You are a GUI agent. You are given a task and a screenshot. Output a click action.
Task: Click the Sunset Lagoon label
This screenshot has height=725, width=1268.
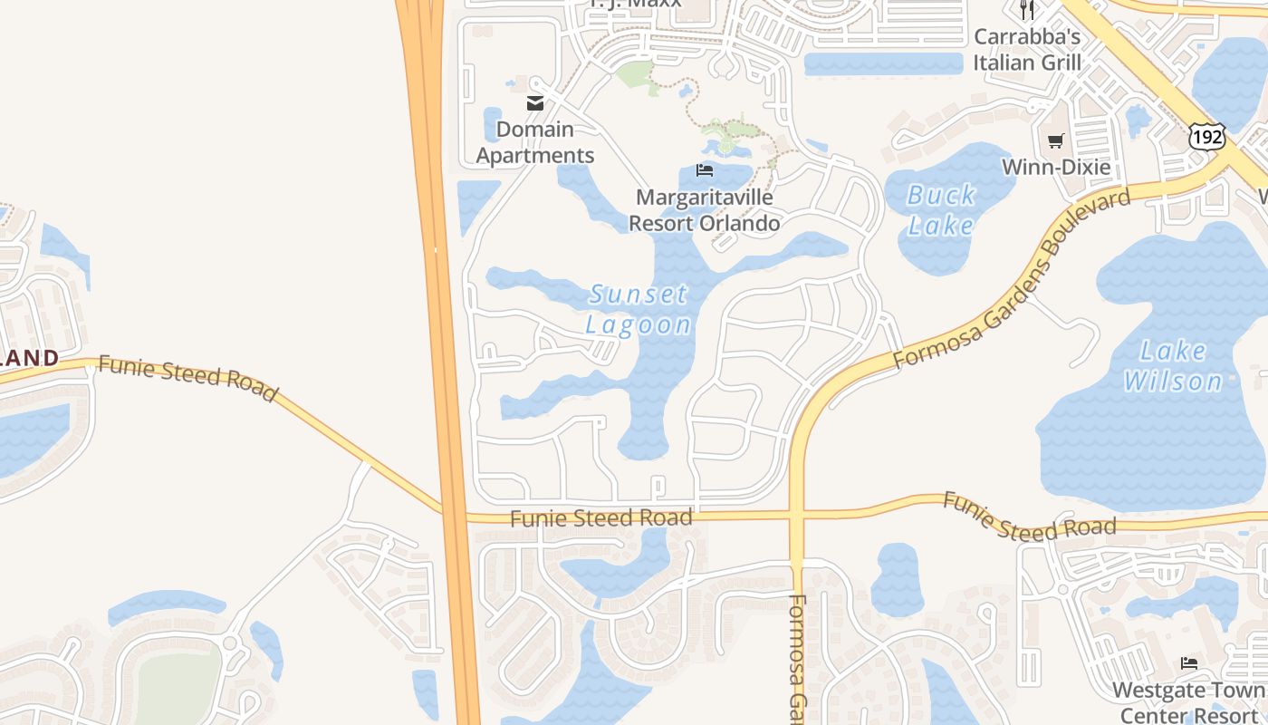click(639, 309)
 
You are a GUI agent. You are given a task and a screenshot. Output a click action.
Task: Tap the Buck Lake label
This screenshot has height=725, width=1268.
click(941, 209)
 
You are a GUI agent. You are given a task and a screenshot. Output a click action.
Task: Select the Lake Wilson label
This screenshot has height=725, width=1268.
click(1174, 365)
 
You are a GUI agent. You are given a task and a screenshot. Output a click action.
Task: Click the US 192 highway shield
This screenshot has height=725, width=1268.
click(1207, 137)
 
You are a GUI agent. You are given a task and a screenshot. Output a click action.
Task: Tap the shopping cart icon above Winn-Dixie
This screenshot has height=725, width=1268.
click(1055, 140)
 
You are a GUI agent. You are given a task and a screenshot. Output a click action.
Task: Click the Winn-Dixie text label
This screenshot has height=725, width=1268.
click(1055, 167)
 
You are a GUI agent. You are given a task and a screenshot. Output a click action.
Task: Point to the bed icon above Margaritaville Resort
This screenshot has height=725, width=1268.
click(704, 170)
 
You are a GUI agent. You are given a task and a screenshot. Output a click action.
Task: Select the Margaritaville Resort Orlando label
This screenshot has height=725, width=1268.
click(705, 210)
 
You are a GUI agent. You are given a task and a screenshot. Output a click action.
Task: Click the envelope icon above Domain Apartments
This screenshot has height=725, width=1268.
click(535, 103)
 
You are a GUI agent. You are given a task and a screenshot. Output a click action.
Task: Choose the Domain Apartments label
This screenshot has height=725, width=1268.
click(535, 142)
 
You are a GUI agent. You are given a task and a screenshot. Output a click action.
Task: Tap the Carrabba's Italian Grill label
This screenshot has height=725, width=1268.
click(1027, 50)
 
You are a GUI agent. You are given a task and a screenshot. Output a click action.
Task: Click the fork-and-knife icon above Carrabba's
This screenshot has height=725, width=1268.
click(1027, 10)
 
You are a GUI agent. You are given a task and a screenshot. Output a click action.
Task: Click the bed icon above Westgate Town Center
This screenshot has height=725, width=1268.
click(1189, 664)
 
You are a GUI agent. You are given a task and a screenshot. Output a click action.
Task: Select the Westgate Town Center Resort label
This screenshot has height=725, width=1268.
click(1189, 701)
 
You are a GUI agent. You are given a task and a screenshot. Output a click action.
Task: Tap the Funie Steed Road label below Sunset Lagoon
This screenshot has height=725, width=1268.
click(601, 518)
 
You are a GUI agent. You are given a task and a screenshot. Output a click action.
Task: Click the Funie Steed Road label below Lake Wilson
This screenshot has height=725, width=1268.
click(1030, 516)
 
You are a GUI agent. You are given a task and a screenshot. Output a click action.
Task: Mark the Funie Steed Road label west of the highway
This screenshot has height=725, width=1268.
click(187, 377)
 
